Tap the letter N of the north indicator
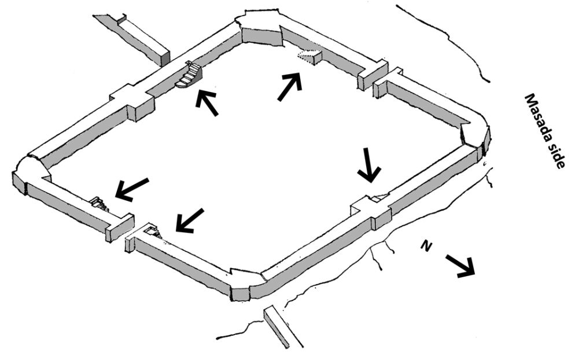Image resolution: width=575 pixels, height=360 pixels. coord(426,247)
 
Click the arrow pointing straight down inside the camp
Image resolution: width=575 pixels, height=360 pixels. coord(368,165)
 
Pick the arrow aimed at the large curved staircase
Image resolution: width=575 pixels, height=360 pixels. coord(207,102)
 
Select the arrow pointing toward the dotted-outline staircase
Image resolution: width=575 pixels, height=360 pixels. coord(290,86)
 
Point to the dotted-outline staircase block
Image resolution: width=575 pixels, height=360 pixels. coord(309,56)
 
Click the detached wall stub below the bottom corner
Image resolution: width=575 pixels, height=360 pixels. coord(277,327)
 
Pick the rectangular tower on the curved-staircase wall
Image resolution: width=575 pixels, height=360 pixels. coord(132,102)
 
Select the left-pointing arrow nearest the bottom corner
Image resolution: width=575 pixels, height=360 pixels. coord(189,221)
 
